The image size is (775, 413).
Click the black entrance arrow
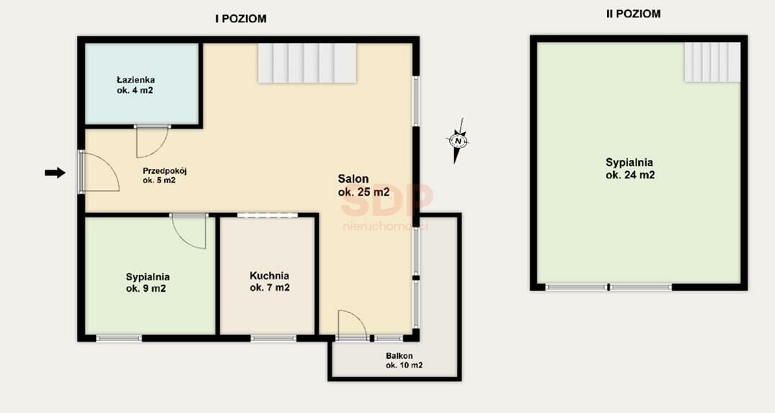(x=55, y=173)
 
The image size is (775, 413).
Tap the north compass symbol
(x=459, y=141)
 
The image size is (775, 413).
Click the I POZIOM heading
(x=241, y=19)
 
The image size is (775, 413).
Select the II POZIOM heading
(x=633, y=14)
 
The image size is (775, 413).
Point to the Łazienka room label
(x=136, y=79)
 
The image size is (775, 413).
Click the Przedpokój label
(x=164, y=171)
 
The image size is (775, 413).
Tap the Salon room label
(x=353, y=179)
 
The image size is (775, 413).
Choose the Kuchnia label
(x=270, y=276)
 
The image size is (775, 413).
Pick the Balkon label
(x=399, y=356)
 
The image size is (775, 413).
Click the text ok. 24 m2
(x=630, y=175)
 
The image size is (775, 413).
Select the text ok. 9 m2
(x=146, y=288)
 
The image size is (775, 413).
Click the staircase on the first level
(x=307, y=63)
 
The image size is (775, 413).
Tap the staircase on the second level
(x=712, y=62)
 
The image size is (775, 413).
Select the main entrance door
(x=99, y=172)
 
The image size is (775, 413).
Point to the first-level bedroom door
(x=189, y=231)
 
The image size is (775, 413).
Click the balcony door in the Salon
(x=353, y=326)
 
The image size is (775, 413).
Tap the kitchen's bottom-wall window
(x=273, y=339)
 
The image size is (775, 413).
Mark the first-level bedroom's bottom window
(x=119, y=339)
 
